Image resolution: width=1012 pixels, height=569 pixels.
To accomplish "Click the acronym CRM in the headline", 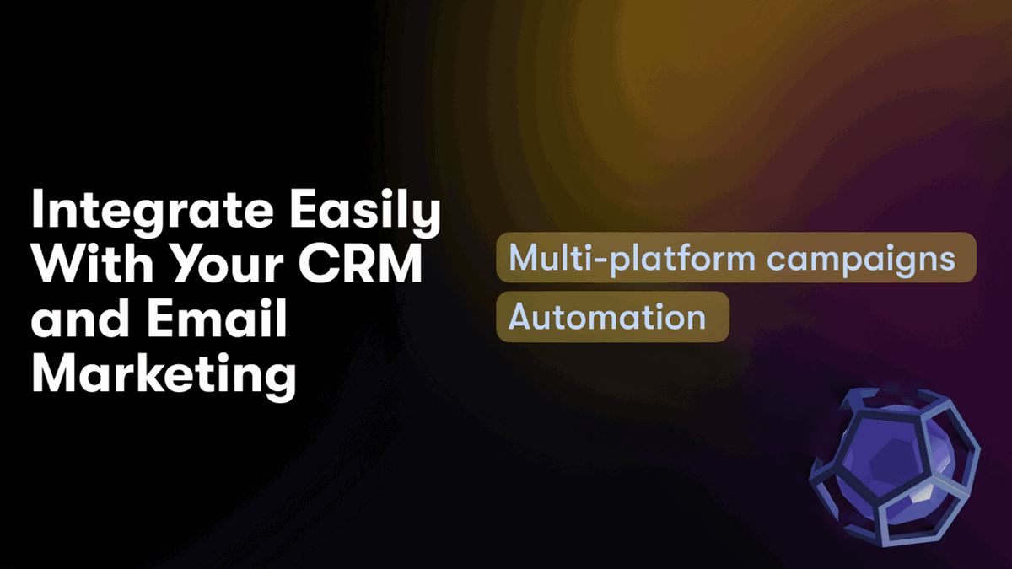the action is pyautogui.click(x=360, y=264).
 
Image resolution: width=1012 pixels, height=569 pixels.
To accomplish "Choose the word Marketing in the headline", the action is pyautogui.click(x=164, y=374).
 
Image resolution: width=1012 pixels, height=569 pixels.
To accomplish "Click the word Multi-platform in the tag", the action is pyautogui.click(x=632, y=258).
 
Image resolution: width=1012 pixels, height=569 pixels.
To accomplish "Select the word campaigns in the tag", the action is pyautogui.click(x=861, y=260).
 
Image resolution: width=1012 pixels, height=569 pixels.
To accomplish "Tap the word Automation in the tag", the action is pyautogui.click(x=607, y=317).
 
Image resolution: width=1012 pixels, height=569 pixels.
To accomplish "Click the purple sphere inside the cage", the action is pyautogui.click(x=892, y=465).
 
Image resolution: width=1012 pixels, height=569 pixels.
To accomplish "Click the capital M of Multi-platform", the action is pyautogui.click(x=524, y=257).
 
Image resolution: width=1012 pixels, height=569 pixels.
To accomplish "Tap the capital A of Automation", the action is pyautogui.click(x=522, y=317).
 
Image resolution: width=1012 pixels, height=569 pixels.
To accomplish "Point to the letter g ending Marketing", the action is pyautogui.click(x=281, y=379).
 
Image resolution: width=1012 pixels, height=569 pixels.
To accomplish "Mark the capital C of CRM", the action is pyautogui.click(x=317, y=264).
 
